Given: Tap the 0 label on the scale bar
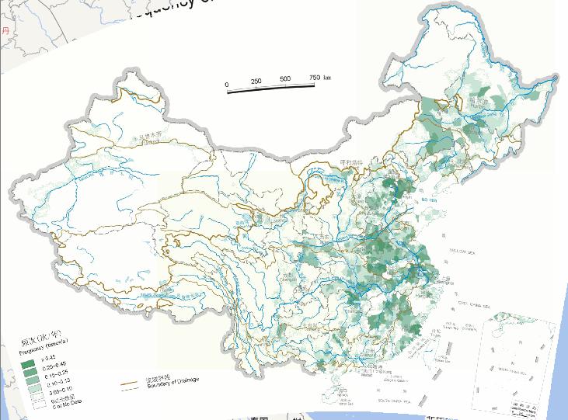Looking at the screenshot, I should [x=227, y=83].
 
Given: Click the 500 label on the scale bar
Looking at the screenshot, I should [x=285, y=80].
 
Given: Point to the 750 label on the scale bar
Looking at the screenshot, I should [x=314, y=78].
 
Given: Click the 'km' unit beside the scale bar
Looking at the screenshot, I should [x=327, y=78].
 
